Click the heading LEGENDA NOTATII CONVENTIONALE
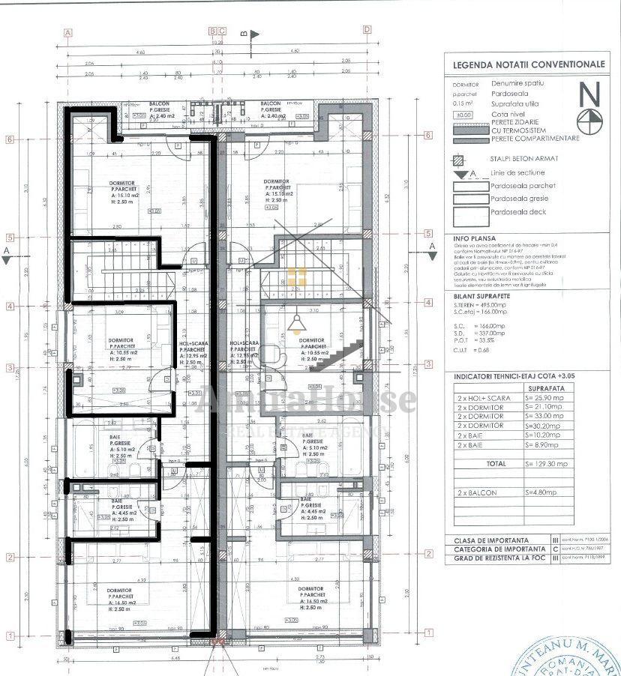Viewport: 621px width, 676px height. tap(529, 64)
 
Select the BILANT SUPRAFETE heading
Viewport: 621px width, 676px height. tap(483, 298)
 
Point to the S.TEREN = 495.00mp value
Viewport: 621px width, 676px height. tap(480, 307)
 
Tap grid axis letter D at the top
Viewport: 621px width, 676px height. tap(367, 31)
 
